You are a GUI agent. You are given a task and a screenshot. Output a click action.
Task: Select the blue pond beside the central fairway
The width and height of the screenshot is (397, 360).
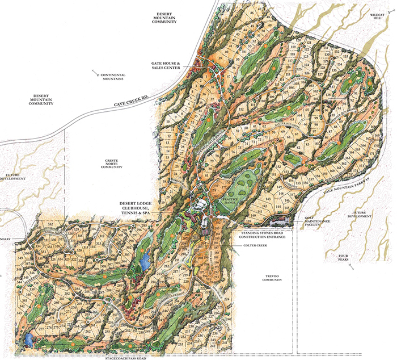click(146, 261)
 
